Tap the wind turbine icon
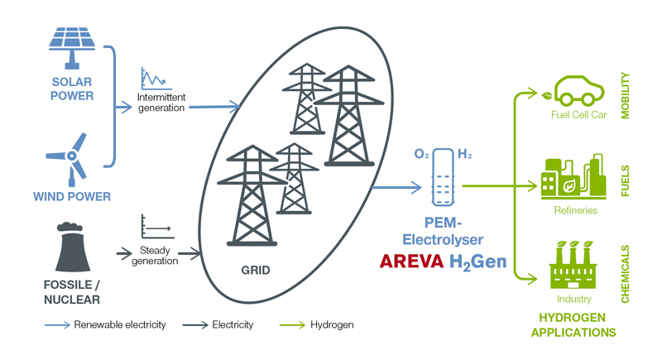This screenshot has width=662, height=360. [73, 157]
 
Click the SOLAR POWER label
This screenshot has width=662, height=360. [72, 89]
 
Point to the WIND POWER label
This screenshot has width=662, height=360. [72, 196]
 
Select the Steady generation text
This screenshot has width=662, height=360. [155, 256]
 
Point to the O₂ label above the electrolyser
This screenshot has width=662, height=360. [422, 154]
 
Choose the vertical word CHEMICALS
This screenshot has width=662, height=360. [626, 274]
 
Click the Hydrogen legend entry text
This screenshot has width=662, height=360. [332, 324]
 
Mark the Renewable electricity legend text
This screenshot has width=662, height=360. [120, 324]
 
